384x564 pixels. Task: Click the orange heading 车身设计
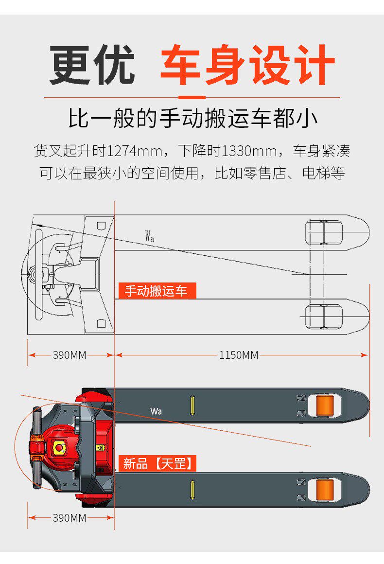coord(247,66)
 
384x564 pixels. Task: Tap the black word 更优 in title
coord(92,66)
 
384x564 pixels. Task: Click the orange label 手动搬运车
coord(157,291)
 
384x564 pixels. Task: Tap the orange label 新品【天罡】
coord(157,463)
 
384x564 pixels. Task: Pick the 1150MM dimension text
coord(239,355)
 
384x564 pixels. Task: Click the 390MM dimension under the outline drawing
coord(70,355)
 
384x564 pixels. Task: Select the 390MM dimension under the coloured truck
coord(70,518)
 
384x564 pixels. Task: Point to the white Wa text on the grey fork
coord(156,411)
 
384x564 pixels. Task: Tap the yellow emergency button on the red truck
coord(60,448)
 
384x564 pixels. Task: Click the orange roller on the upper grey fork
coord(324,405)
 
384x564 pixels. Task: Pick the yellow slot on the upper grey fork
coord(192,405)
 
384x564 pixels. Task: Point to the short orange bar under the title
coord(192,97)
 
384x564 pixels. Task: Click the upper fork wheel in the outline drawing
coord(324,232)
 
